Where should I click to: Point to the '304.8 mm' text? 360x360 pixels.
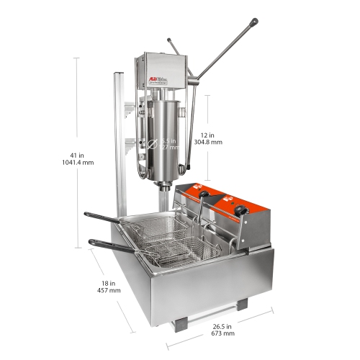point(208,143)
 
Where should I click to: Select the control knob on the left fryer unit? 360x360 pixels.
point(204,194)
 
